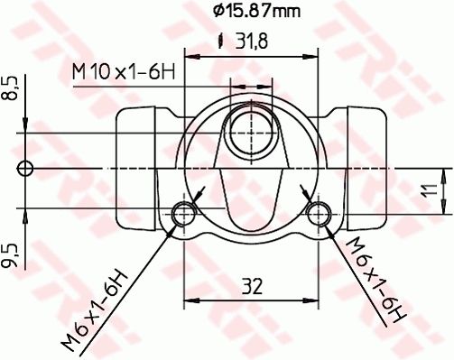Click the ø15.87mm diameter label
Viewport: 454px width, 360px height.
coord(256,11)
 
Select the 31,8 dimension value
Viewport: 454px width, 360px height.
coord(252,42)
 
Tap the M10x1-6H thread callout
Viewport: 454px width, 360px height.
coord(124,72)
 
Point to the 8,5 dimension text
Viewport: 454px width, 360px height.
coord(10,88)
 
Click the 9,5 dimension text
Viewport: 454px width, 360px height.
coord(10,255)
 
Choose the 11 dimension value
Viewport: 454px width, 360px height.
coord(431,190)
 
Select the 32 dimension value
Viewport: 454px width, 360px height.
coord(252,287)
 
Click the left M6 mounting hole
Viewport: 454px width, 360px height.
coord(183,214)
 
